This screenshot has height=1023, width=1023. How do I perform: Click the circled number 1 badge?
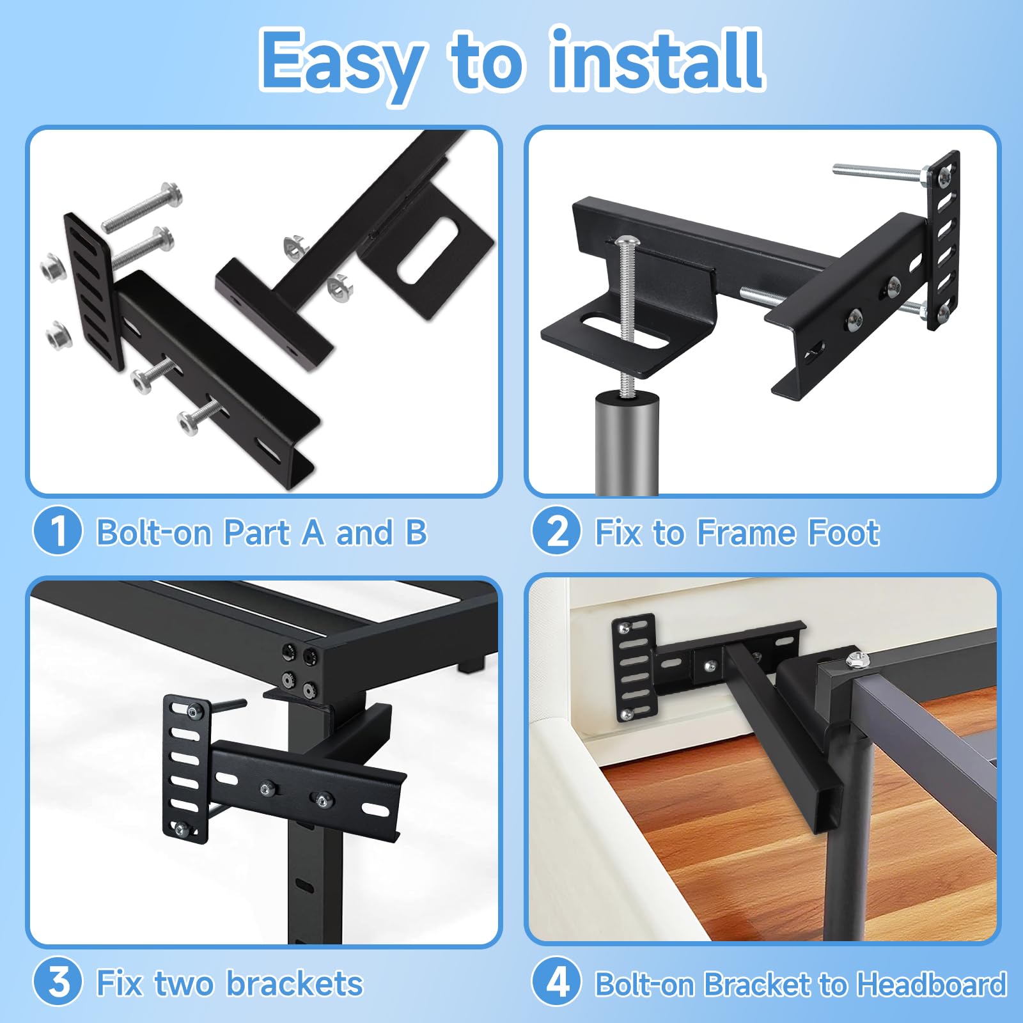(58, 531)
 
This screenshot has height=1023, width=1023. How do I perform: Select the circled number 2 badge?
(556, 531)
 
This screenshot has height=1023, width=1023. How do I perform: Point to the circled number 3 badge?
(58, 982)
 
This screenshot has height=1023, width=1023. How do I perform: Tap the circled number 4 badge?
(556, 982)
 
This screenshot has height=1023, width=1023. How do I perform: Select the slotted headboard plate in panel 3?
(185, 768)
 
